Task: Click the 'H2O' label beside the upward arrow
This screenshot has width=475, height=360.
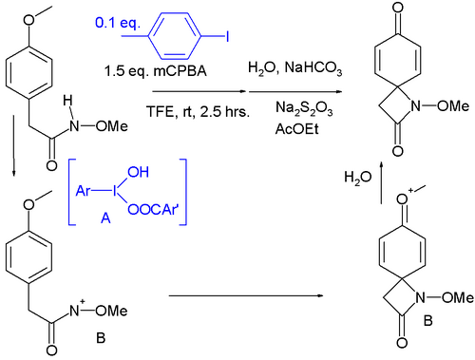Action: [x=360, y=177]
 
